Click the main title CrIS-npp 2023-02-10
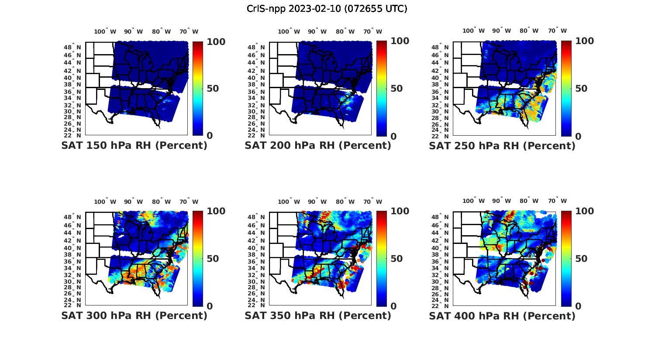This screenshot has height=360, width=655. point(327,9)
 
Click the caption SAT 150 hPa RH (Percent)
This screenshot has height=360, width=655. point(134,145)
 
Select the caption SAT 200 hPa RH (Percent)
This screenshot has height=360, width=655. point(318,145)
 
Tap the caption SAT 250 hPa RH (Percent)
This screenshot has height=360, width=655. point(502,145)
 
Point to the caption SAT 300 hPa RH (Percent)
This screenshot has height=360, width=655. point(134,315)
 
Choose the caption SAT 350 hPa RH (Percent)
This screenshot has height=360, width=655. point(318,315)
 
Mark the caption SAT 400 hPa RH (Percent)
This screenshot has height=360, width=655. point(502,315)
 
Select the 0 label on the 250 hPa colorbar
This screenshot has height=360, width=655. point(579,136)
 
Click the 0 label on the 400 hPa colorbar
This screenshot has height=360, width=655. point(579,306)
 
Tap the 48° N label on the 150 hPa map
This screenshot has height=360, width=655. point(72,47)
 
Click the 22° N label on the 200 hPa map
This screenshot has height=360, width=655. point(256,135)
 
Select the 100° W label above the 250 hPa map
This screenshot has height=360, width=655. point(474,31)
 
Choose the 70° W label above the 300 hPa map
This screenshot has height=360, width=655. point(189,202)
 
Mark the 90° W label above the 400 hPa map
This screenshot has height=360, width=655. point(501,201)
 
